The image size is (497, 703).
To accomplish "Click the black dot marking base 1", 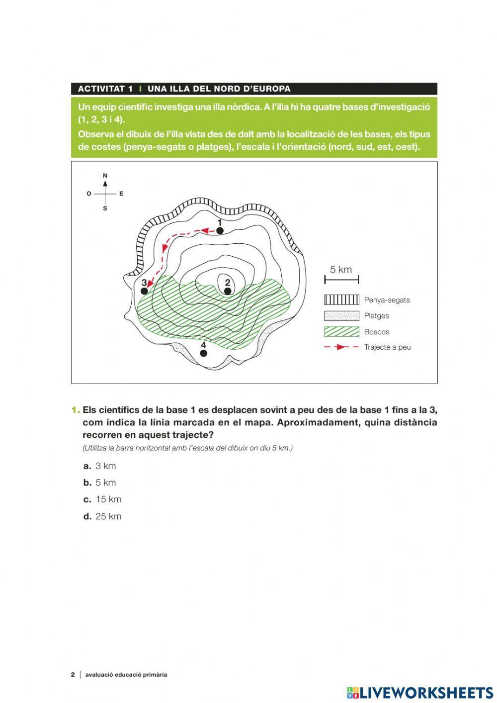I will (x=220, y=230).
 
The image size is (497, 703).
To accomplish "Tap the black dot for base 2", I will (x=228, y=291).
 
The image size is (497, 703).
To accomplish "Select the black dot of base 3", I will (x=145, y=291).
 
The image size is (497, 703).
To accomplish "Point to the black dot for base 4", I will (x=203, y=353).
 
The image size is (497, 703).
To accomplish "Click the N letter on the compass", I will (x=105, y=176).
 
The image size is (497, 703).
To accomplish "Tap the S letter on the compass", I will (x=105, y=209).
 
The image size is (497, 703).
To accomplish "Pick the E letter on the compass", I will (x=121, y=194).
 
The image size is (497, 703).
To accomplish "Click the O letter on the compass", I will (x=89, y=194).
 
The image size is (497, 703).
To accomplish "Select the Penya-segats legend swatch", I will (x=341, y=300).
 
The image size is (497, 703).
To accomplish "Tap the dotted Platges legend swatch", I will (x=341, y=316).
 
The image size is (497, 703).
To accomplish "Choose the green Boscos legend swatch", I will (x=341, y=332).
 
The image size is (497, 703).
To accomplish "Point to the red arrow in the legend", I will (x=341, y=347).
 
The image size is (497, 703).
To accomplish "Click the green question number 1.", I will (x=75, y=410).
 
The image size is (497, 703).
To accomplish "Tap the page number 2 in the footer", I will (x=73, y=675).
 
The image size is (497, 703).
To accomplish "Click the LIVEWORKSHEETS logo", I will (x=420, y=693).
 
